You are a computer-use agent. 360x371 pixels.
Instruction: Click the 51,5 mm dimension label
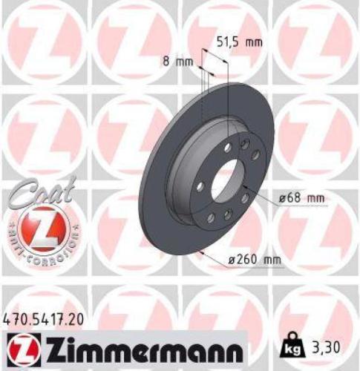(x=238, y=43)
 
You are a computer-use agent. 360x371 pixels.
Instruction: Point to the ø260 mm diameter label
(x=246, y=259)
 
